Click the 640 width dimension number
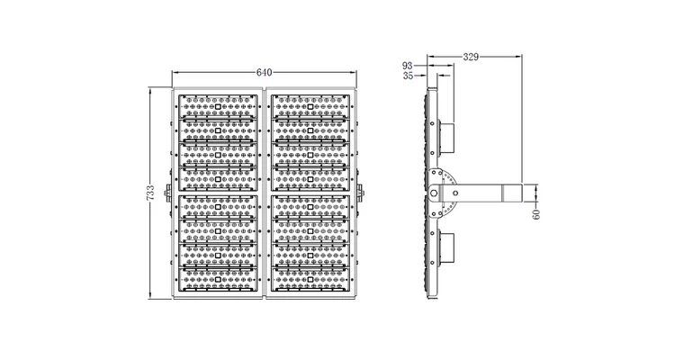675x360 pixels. pos(264,72)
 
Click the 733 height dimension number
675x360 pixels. pos(150,192)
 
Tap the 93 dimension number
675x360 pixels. pos(407,66)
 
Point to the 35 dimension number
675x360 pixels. pos(407,77)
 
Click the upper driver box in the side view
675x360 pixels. pos(450,136)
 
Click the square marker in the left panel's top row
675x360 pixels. pos(219,107)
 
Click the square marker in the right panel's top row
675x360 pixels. pos(309,107)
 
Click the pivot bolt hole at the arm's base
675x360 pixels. pos(437,192)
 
